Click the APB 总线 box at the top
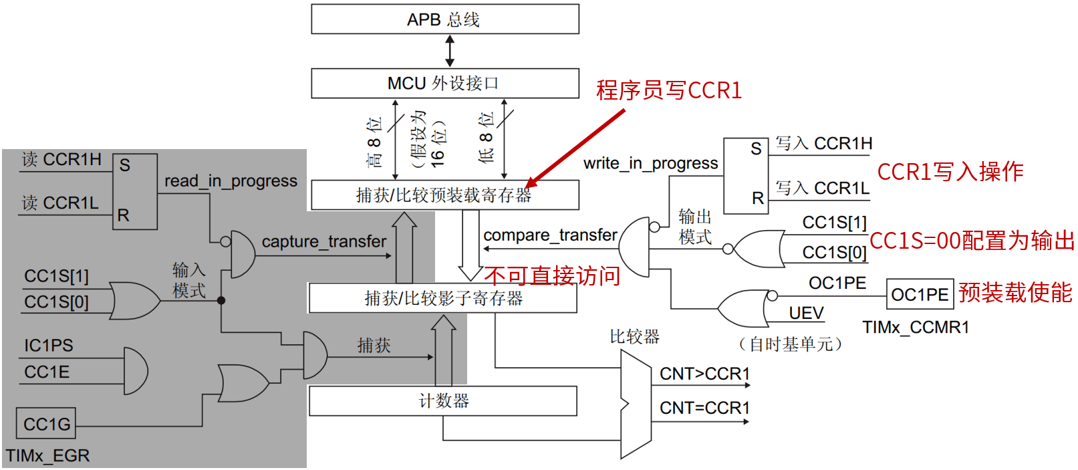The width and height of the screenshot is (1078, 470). point(444,19)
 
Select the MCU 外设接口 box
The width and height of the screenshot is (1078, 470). point(444,84)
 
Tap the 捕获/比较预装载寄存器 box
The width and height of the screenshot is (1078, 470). point(444,195)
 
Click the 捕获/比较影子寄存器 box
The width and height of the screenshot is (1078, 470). point(442,298)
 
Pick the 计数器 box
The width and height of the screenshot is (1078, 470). point(442,401)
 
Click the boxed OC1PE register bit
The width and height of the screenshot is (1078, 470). point(920,295)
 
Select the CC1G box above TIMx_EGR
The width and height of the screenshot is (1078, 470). point(46,424)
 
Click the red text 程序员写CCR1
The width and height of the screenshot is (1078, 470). point(668,90)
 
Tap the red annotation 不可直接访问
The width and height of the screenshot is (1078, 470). point(552,275)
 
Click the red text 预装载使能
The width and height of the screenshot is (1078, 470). point(1015,293)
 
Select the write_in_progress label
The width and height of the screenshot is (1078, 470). point(650,164)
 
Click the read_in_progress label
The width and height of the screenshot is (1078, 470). point(231,181)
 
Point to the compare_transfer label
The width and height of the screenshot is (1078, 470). point(550,235)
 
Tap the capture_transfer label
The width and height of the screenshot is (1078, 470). point(324,241)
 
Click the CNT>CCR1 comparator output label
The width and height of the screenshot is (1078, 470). point(704,374)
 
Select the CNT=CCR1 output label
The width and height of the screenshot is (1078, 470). point(704,408)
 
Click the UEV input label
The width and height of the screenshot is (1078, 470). point(806,314)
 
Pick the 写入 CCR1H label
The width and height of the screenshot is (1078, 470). point(823,144)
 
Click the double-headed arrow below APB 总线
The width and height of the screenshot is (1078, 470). point(450,51)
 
